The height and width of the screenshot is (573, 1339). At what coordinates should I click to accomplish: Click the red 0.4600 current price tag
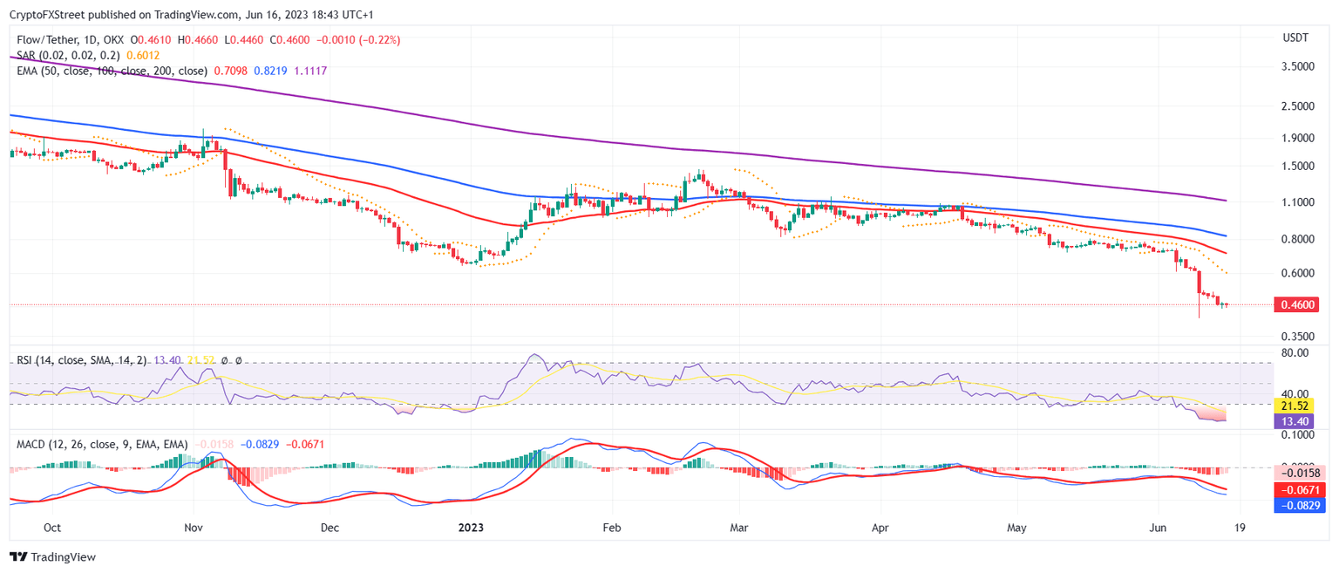(1296, 304)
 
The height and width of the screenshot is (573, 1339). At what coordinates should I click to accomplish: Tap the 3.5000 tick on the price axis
(1298, 66)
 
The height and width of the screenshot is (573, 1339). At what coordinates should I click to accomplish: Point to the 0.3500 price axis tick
(1298, 336)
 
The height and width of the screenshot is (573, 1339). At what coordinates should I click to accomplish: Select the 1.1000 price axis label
(1298, 202)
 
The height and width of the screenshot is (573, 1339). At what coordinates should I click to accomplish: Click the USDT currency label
(1295, 38)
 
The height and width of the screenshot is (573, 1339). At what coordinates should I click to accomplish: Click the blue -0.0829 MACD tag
(1294, 505)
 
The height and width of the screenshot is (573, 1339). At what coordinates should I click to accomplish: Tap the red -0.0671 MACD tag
(1294, 490)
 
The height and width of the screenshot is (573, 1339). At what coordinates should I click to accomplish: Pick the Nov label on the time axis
(194, 528)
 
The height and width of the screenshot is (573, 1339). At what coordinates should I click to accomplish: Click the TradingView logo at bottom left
(52, 556)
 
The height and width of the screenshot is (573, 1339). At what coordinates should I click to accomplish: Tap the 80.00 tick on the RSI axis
(1295, 353)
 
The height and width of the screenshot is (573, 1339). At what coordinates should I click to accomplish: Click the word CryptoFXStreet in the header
(47, 15)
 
